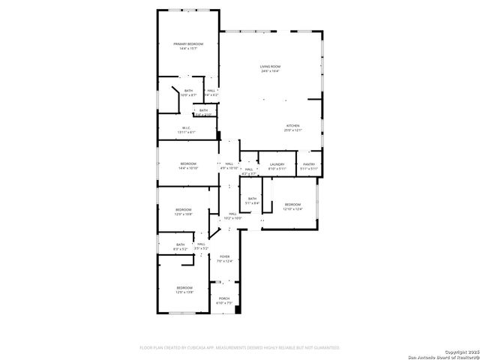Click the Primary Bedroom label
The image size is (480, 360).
tap(187, 44)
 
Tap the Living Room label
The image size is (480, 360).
tap(270, 67)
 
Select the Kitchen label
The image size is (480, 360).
tap(292, 125)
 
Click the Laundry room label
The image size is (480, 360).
tap(277, 164)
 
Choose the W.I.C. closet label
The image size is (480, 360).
tap(187, 127)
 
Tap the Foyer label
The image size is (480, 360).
tap(224, 256)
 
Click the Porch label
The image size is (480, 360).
tap(224, 298)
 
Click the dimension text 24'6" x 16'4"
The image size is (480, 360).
tap(270, 71)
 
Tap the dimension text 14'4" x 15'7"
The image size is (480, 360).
tap(187, 49)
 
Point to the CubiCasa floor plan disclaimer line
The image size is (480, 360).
tap(240, 348)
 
